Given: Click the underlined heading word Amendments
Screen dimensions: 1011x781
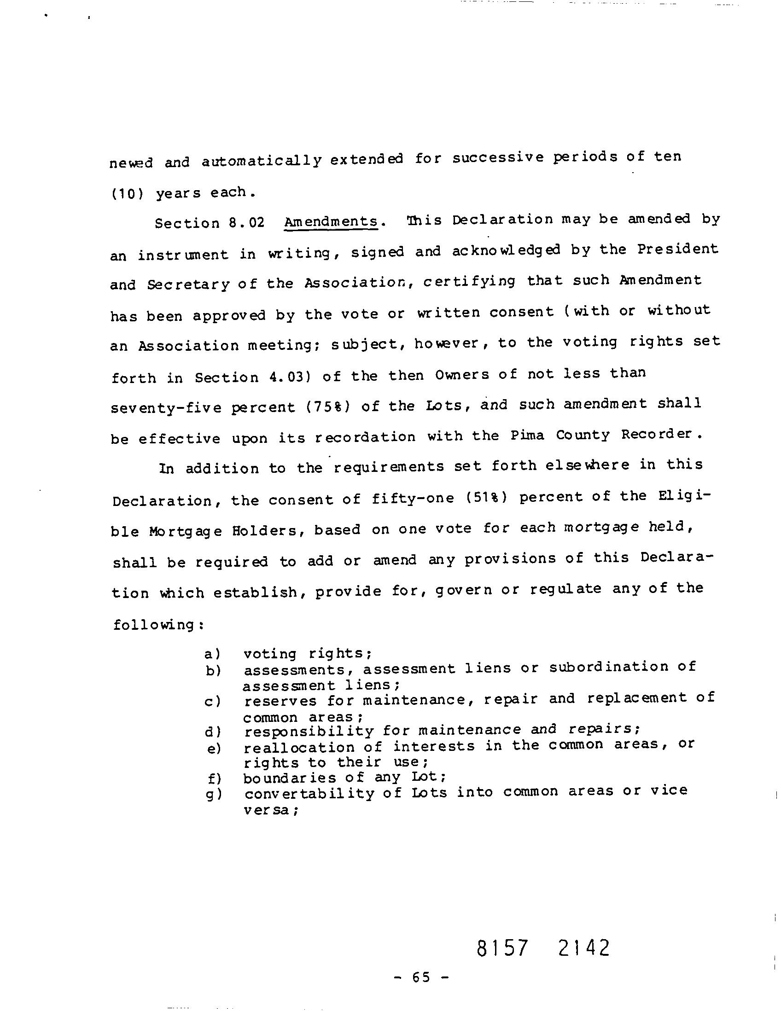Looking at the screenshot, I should pyautogui.click(x=331, y=222).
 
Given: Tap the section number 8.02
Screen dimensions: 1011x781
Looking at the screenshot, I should pyautogui.click(x=246, y=223).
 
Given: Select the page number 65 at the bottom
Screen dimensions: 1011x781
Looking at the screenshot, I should pyautogui.click(x=420, y=977).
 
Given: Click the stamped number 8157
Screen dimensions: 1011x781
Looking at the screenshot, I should pyautogui.click(x=502, y=947).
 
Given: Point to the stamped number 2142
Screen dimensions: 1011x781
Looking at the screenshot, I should pyautogui.click(x=584, y=947).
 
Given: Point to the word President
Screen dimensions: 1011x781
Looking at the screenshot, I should pyautogui.click(x=677, y=250).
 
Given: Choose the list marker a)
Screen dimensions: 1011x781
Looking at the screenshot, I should pyautogui.click(x=212, y=654).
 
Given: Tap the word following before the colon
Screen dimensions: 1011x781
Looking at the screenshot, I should pyautogui.click(x=155, y=625).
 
